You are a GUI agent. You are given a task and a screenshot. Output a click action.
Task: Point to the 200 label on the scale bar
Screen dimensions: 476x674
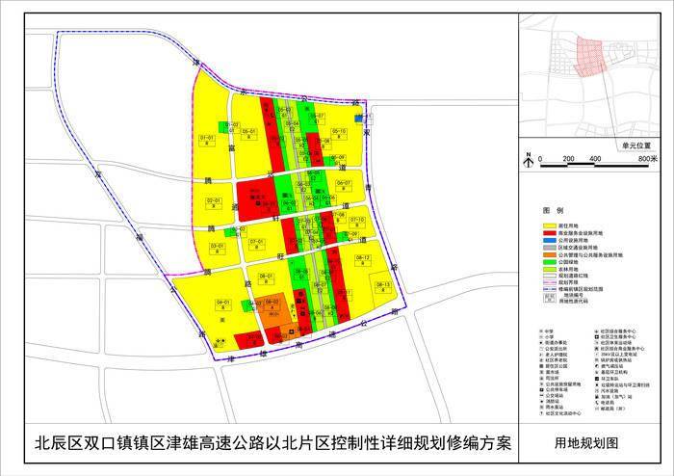[568, 159]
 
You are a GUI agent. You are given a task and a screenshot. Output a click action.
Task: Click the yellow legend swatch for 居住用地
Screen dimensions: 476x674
[553, 225]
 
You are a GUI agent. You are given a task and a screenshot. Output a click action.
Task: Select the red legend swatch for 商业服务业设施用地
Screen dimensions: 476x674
[553, 232]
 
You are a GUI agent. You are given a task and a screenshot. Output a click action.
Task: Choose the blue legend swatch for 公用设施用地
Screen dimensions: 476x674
[553, 240]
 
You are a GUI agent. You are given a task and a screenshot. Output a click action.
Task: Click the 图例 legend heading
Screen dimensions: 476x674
[552, 210]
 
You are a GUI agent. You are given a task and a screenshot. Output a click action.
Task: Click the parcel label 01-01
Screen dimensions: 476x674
[207, 138]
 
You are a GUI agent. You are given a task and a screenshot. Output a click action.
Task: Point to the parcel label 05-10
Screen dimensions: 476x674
[337, 131]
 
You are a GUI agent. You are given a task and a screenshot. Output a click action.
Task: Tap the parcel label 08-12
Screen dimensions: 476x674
[363, 258]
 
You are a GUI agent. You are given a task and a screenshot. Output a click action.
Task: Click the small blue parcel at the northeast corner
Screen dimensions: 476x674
[357, 118]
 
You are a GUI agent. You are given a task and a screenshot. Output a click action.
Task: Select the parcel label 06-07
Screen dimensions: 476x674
[344, 182]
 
